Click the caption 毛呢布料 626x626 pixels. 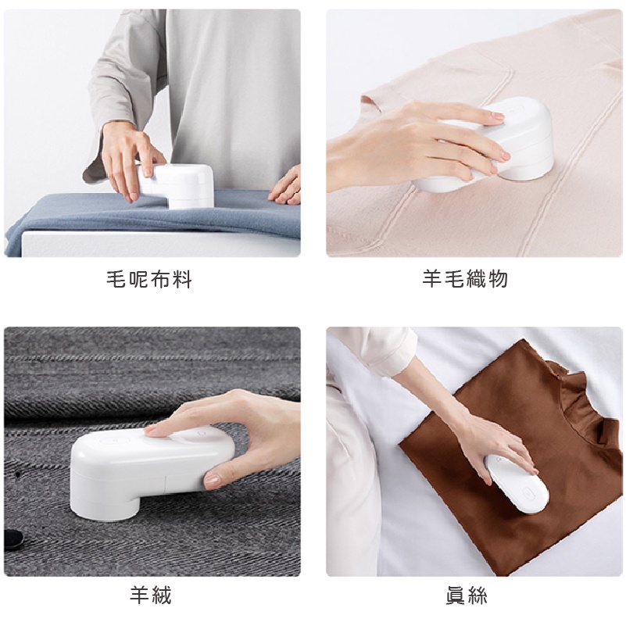149,279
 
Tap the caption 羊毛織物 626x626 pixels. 465,279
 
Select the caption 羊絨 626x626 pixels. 151,596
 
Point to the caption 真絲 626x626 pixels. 467,596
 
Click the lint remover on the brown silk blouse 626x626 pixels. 517,484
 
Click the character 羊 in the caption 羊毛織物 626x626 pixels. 432,279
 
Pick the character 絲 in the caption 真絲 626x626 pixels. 477,596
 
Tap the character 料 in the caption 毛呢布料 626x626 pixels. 182,279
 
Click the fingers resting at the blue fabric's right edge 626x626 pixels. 284,186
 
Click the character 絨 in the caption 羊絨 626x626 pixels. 161,596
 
